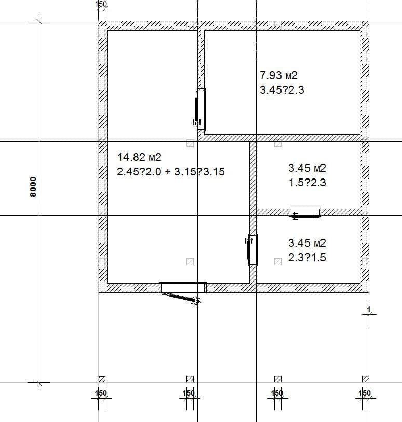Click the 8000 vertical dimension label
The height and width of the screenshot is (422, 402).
pyautogui.click(x=33, y=187)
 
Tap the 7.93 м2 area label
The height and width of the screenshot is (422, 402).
pyautogui.click(x=279, y=75)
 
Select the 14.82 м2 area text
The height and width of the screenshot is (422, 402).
pyautogui.click(x=140, y=157)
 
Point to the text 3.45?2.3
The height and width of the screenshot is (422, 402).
pyautogui.click(x=282, y=90)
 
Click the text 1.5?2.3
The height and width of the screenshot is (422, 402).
pyautogui.click(x=307, y=183)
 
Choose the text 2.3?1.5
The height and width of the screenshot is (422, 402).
pyautogui.click(x=307, y=258)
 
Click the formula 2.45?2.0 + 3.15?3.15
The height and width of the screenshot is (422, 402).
pyautogui.click(x=171, y=172)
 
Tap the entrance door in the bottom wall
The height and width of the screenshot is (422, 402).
pyautogui.click(x=183, y=293)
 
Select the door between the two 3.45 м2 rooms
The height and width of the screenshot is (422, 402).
pyautogui.click(x=305, y=213)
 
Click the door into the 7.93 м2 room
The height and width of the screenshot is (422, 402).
pyautogui.click(x=199, y=110)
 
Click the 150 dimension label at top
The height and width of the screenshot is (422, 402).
pyautogui.click(x=101, y=4)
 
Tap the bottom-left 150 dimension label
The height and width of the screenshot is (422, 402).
pyautogui.click(x=101, y=393)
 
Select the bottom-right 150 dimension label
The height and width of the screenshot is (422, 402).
pyautogui.click(x=365, y=393)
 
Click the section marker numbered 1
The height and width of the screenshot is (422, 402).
pyautogui.click(x=369, y=314)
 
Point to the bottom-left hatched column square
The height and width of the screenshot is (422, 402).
pyautogui.click(x=102, y=379)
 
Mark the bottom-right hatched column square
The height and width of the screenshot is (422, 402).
pyautogui.click(x=366, y=379)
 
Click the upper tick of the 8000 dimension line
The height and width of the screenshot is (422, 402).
pyautogui.click(x=39, y=21)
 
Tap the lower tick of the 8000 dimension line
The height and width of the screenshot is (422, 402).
pyautogui.click(x=39, y=382)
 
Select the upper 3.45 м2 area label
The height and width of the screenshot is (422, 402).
pyautogui.click(x=307, y=168)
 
